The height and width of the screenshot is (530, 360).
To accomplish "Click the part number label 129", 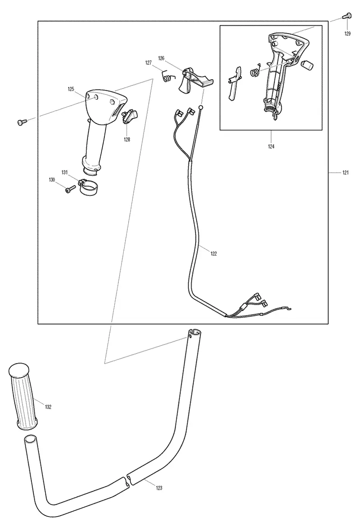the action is pyautogui.click(x=347, y=34).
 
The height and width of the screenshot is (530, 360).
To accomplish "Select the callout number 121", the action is pyautogui.click(x=346, y=173).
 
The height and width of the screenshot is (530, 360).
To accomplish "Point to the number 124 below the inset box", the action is pyautogui.click(x=271, y=146).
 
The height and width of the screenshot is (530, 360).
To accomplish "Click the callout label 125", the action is pyautogui.click(x=71, y=89).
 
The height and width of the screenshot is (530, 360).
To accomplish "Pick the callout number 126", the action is pyautogui.click(x=161, y=58).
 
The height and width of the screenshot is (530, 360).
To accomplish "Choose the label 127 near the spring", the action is pyautogui.click(x=148, y=63).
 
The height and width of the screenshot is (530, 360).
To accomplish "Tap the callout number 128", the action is pyautogui.click(x=127, y=139).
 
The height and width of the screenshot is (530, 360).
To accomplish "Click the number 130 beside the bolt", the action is pyautogui.click(x=52, y=180).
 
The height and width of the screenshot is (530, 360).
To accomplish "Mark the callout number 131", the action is pyautogui.click(x=64, y=172).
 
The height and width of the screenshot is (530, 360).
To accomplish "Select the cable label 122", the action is pyautogui.click(x=213, y=253).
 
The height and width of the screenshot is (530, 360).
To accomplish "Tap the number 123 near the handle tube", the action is pyautogui.click(x=159, y=488).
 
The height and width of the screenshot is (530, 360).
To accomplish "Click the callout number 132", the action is pyautogui.click(x=48, y=407).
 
